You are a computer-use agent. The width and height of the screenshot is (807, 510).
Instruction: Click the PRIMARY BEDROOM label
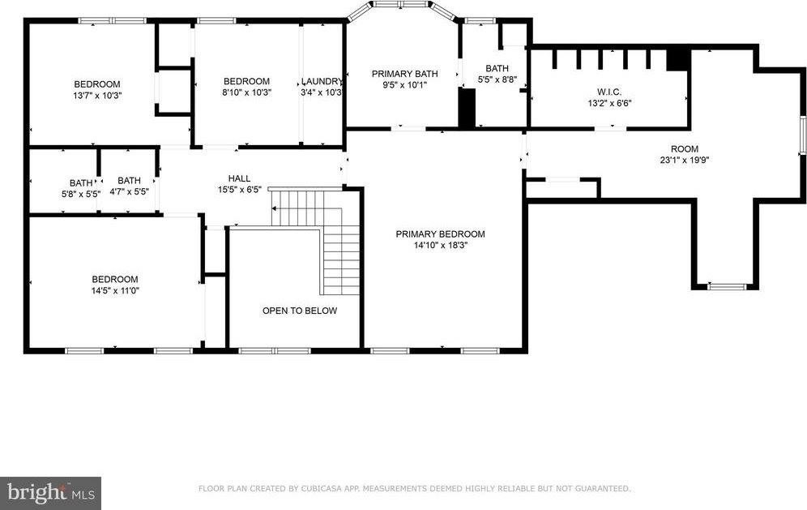coord(440,234)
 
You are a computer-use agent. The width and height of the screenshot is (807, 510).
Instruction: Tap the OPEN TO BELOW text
coord(300,311)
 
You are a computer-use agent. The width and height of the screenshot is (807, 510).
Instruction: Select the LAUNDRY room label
coord(322,81)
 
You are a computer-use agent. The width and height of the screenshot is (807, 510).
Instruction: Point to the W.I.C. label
coord(609,92)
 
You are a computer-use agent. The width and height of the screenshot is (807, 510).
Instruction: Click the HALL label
coord(239,178)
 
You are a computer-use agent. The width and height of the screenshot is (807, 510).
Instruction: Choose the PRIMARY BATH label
coord(405,74)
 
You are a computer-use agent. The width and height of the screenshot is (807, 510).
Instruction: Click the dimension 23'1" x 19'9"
coord(685,160)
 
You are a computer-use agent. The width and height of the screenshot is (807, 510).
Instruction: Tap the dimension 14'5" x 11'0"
coord(115,290)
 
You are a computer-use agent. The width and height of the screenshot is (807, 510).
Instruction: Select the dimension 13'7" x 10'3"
coord(97,96)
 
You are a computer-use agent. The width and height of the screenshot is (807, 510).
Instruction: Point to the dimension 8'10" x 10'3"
coord(246,92)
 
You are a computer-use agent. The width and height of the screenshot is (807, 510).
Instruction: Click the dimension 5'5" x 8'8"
coord(497,79)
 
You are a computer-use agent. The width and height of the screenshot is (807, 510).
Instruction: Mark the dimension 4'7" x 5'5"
coord(129,191)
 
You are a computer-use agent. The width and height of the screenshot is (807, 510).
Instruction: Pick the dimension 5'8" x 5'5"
coord(81,195)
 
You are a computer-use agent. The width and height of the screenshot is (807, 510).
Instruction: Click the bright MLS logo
coord(50,493)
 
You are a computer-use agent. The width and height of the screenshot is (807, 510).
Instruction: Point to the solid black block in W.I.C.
coord(678,59)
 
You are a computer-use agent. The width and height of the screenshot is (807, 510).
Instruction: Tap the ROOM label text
coord(685,149)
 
